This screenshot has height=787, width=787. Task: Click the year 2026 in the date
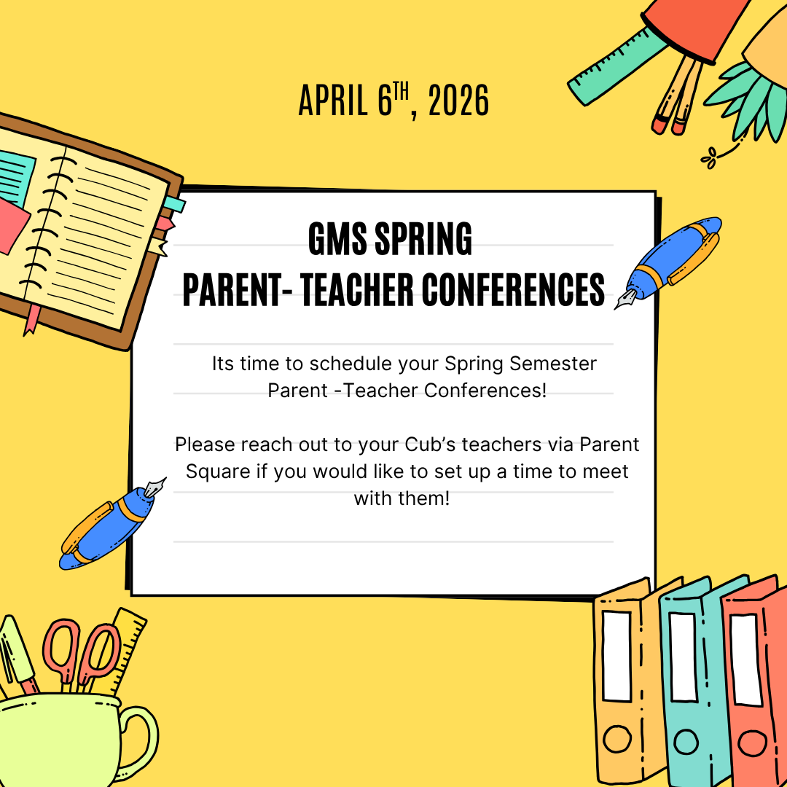(x=458, y=101)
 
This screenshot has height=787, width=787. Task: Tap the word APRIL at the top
(x=333, y=101)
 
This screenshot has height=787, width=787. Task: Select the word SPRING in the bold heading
(x=423, y=238)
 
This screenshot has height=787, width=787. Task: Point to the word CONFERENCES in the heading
(x=513, y=289)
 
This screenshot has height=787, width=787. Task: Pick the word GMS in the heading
(x=337, y=238)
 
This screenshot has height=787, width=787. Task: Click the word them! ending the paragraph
(x=423, y=498)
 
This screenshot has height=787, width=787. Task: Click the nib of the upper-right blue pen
(x=625, y=300)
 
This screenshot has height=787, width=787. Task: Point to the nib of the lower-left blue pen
(x=156, y=487)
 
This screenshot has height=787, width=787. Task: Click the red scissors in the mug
(x=80, y=652)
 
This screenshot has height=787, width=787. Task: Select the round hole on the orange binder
(x=617, y=738)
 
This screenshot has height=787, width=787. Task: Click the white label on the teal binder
(x=683, y=657)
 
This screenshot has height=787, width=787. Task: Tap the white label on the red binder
(x=746, y=659)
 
